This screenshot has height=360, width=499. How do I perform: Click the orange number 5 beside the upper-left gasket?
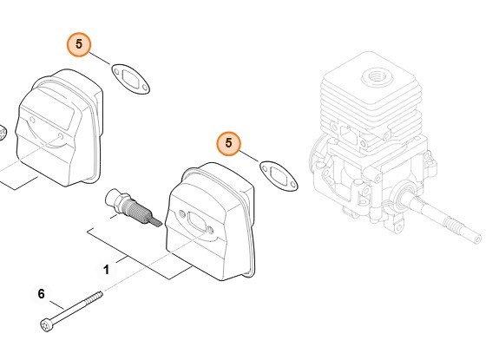79,44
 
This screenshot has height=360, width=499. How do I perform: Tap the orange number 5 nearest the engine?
228,143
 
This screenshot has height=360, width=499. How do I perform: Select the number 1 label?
106,270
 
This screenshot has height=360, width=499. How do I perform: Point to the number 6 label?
42,294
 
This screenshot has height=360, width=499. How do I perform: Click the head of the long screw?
46,325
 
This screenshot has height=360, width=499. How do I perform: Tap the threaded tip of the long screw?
96,296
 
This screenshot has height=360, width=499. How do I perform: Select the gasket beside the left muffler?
130,79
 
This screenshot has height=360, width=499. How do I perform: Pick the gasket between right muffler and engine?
279,176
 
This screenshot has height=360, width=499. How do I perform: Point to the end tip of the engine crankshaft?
476,239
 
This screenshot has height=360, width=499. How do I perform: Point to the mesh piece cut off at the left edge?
3,133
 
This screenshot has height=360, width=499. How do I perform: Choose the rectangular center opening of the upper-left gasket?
131,79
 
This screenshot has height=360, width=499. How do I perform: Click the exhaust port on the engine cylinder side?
349,134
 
